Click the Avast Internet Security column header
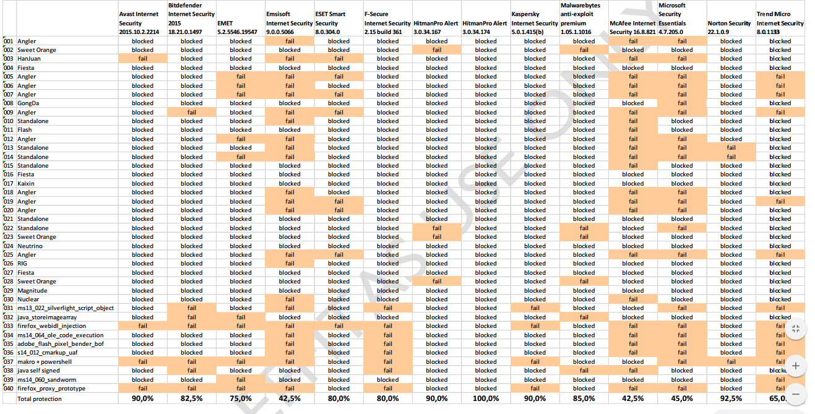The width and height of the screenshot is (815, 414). [139, 22]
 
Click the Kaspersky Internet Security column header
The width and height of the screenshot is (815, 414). [534, 22]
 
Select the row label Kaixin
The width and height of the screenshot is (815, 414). [26, 184]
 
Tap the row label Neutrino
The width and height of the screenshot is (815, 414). [30, 246]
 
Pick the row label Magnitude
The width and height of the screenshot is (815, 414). [32, 291]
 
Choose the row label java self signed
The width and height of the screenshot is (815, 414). [38, 371]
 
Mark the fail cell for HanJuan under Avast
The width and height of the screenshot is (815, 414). [142, 59]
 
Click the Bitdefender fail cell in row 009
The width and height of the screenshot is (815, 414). [191, 113]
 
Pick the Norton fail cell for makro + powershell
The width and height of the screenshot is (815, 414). [731, 362]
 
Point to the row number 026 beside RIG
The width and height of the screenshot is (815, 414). [9, 264]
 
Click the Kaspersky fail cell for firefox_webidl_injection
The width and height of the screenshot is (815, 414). [535, 326]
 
